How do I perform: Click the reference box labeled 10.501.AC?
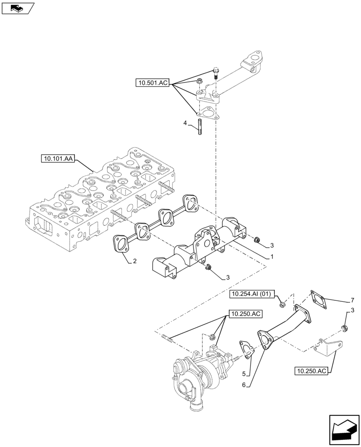pyautogui.click(x=153, y=83)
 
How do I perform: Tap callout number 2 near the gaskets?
pyautogui.click(x=134, y=261)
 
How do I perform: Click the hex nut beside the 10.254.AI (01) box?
pyautogui.click(x=282, y=305)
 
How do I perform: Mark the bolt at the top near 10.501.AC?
pyautogui.click(x=217, y=72)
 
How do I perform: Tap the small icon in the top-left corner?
pyautogui.click(x=17, y=7)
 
